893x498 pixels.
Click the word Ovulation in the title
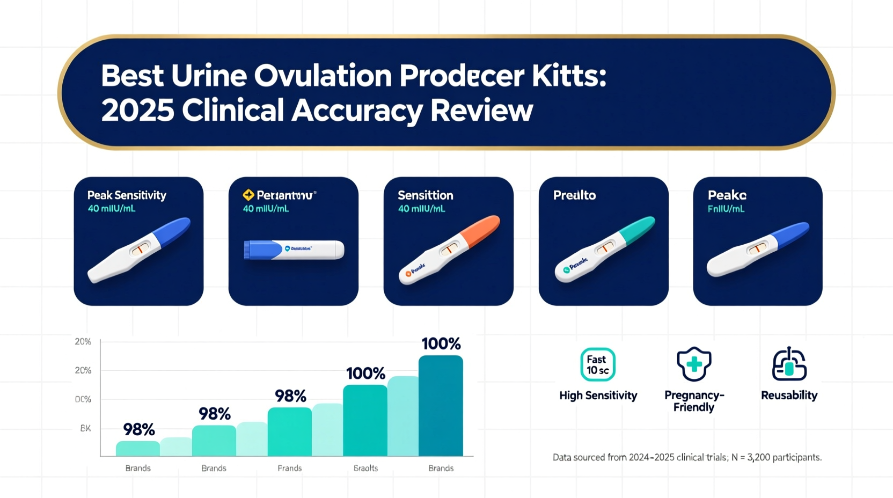point(323,76)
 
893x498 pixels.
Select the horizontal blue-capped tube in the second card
point(294,250)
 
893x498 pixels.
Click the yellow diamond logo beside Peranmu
point(248,195)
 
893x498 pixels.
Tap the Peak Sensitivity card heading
point(127,195)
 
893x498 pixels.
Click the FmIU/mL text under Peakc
point(726,209)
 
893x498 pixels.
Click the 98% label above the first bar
point(139,429)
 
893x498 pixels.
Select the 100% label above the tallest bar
point(441,343)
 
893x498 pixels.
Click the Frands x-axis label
point(289,468)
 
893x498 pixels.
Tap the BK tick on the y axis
point(85,428)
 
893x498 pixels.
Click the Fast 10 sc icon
point(597,364)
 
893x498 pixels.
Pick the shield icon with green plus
point(694,364)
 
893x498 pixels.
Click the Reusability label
point(789,396)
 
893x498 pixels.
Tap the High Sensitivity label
point(598,396)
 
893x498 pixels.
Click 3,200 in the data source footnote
point(758,457)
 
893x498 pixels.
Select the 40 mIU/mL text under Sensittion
point(421,209)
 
